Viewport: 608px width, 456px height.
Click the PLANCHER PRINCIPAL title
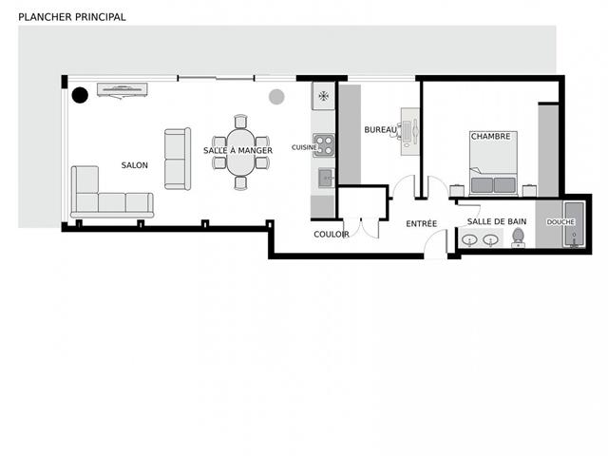coord(72,17)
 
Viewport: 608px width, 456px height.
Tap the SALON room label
coord(135,165)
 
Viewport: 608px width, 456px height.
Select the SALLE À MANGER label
coord(237,150)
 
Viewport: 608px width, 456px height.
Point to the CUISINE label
coord(304,147)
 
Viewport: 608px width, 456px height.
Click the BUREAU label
coord(380,130)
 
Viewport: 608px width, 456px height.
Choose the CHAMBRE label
coord(490,137)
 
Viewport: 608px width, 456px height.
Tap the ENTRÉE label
coord(422,224)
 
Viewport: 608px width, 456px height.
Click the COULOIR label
coord(332,235)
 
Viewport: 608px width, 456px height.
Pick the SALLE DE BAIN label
coord(497,221)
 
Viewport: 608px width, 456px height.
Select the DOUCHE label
coord(560,222)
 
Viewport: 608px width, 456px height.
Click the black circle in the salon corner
coord(80,95)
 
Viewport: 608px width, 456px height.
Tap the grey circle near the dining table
coord(276,97)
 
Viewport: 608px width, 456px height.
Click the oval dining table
coord(240,152)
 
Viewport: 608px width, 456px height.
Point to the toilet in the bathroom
coord(518,237)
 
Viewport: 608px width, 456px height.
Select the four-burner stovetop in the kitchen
coord(324,145)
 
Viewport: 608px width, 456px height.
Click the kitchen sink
coord(326,178)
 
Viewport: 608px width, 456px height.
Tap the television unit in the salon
coord(123,90)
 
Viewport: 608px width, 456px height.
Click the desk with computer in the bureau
coord(409,132)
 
